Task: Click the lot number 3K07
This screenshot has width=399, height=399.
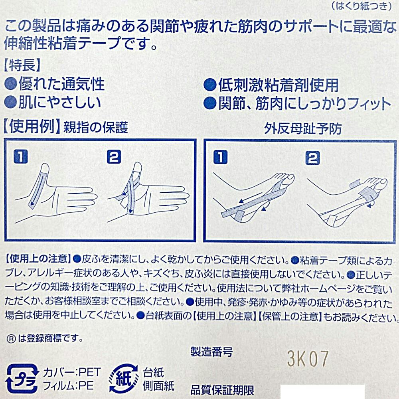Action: pyautogui.click(x=308, y=359)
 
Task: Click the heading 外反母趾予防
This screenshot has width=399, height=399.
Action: pyautogui.click(x=303, y=129)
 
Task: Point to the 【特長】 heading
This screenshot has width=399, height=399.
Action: pyautogui.click(x=22, y=65)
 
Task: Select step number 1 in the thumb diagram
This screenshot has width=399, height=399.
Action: pyautogui.click(x=21, y=156)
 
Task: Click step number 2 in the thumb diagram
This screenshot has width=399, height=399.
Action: pyautogui.click(x=114, y=156)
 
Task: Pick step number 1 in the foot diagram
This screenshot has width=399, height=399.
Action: pyautogui.click(x=220, y=157)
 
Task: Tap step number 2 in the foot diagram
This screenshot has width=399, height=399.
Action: pyautogui.click(x=312, y=158)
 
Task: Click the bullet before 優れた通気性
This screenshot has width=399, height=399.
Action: pyautogui.click(x=11, y=84)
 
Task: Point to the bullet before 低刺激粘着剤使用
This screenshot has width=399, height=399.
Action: pyautogui.click(x=210, y=85)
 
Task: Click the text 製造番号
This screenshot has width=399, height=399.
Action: pyautogui.click(x=212, y=352)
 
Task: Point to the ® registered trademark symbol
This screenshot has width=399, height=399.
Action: pyautogui.click(x=11, y=339)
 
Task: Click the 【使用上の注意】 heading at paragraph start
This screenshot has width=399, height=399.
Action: pyautogui.click(x=38, y=259)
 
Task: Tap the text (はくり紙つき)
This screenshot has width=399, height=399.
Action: pyautogui.click(x=361, y=6)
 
